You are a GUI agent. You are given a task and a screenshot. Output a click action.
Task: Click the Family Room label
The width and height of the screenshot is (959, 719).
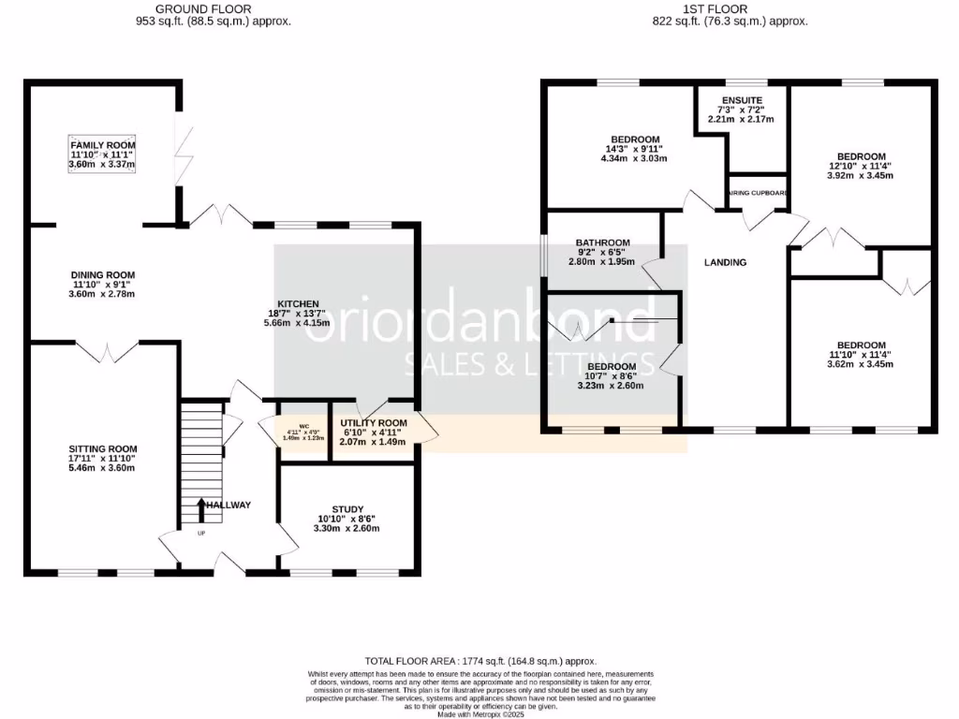102,146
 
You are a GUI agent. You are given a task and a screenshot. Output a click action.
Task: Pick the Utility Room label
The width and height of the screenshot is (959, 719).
374,423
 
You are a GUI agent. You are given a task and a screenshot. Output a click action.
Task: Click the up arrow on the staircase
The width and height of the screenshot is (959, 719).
201,510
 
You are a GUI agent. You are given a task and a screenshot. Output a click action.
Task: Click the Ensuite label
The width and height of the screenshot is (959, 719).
742,100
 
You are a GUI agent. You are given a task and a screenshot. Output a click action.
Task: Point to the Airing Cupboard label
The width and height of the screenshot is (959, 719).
759,194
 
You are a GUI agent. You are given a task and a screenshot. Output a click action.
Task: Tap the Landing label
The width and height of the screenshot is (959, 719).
725,262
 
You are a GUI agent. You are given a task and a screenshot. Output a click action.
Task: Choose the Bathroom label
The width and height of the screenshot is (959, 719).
602,243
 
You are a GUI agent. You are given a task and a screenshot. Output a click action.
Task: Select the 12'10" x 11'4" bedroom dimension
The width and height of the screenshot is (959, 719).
861,166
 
